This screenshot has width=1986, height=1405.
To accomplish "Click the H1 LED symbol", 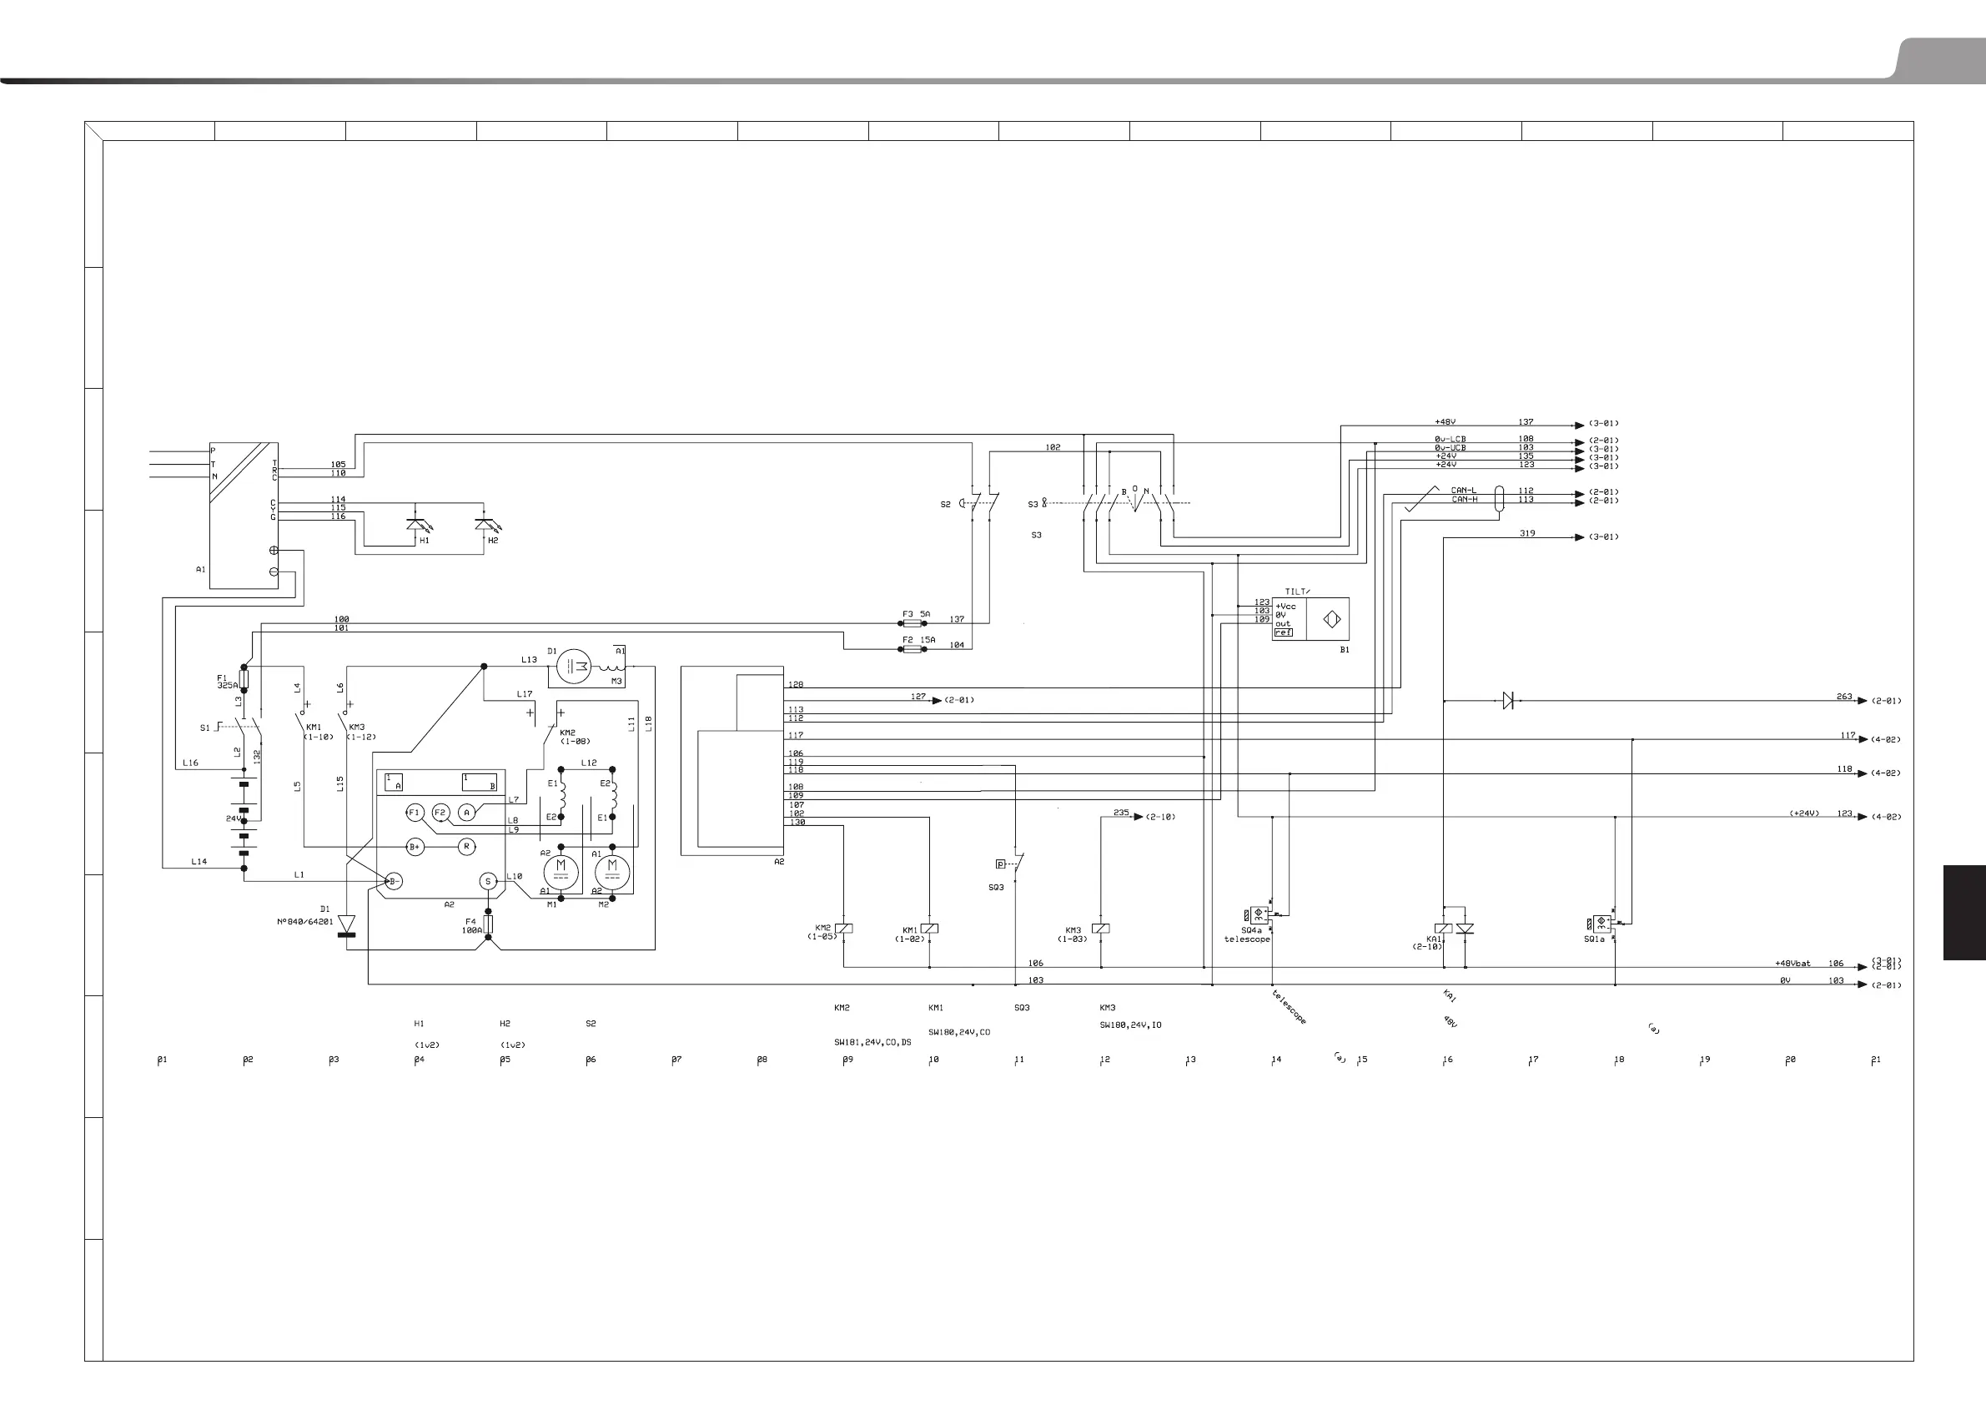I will pyautogui.click(x=416, y=524).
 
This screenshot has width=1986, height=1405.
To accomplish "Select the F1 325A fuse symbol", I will pyautogui.click(x=244, y=680).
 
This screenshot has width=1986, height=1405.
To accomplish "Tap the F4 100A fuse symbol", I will pyautogui.click(x=489, y=924).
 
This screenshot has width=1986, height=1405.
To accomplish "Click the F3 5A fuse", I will pyautogui.click(x=912, y=623).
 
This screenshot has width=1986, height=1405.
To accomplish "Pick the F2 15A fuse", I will pyautogui.click(x=912, y=648).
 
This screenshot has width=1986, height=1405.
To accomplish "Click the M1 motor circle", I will pyautogui.click(x=561, y=867).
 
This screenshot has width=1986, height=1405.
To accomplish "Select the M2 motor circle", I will pyautogui.click(x=612, y=867).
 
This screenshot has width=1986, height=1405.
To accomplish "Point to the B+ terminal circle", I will pyautogui.click(x=415, y=846).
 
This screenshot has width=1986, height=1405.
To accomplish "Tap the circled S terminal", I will pyautogui.click(x=488, y=882).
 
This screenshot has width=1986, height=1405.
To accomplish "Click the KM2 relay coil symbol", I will pyautogui.click(x=843, y=929).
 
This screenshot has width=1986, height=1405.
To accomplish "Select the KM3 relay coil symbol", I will pyautogui.click(x=1100, y=929).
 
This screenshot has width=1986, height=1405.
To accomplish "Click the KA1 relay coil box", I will pyautogui.click(x=1444, y=929).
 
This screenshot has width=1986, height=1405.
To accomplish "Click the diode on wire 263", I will pyautogui.click(x=1508, y=701).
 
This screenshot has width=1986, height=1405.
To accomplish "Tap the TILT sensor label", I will pyautogui.click(x=1296, y=592).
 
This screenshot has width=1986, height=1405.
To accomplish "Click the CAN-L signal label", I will pyautogui.click(x=1464, y=491).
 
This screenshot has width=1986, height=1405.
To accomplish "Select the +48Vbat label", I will pyautogui.click(x=1792, y=963).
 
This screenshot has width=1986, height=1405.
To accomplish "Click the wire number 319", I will pyautogui.click(x=1527, y=533).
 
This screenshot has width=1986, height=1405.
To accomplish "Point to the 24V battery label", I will pyautogui.click(x=234, y=818).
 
